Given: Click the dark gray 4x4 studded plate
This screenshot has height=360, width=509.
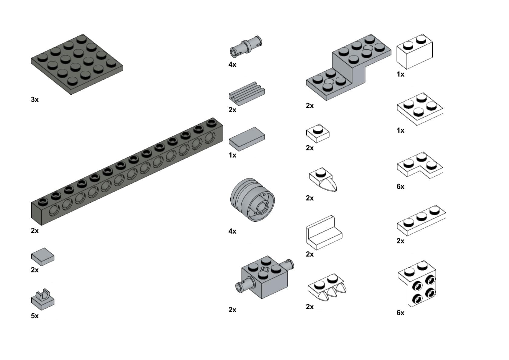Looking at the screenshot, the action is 77,64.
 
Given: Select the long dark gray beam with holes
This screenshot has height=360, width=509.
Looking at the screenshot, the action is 127,172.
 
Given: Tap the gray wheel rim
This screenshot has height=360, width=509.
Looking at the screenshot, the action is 252,200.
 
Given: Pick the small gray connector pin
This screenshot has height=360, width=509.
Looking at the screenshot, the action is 246,47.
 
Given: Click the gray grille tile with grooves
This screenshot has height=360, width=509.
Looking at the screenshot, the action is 247,94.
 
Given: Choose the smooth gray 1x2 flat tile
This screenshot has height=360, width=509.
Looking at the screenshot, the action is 247,139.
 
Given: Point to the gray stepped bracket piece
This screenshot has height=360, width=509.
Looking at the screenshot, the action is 349,67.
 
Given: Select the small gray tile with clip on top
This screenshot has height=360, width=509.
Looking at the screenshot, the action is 43,299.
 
